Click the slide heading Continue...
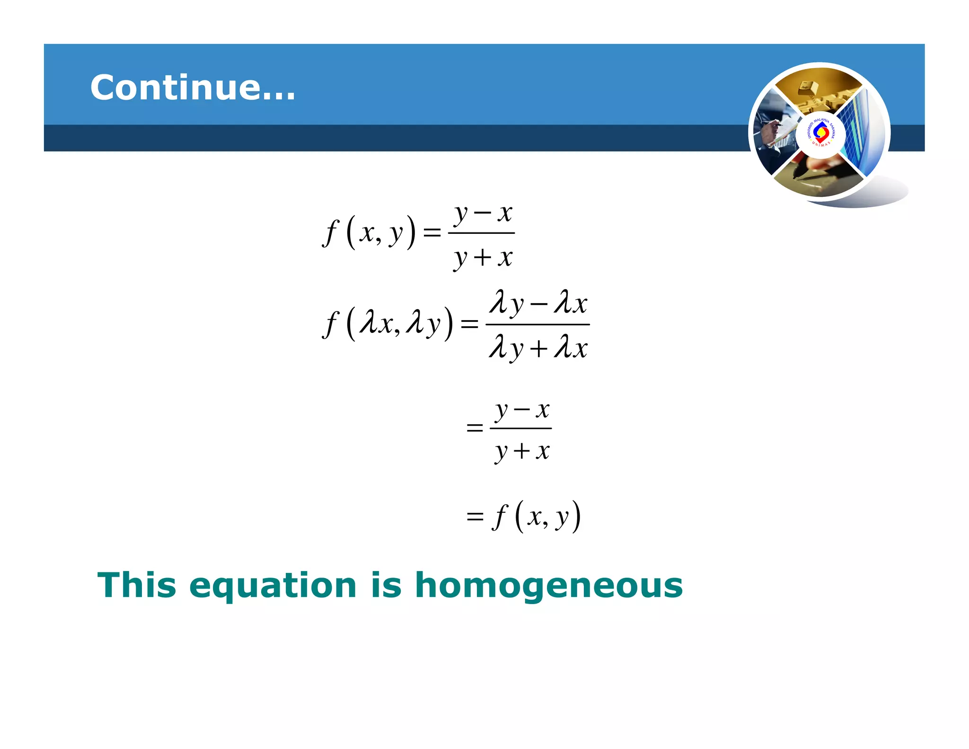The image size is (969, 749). [193, 88]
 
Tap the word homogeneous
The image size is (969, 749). [549, 585]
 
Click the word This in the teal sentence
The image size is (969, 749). [137, 585]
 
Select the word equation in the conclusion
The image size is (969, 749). [273, 586]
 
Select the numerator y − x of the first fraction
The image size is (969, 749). [483, 214]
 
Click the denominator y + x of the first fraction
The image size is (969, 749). [483, 258]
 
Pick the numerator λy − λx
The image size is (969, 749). [538, 303]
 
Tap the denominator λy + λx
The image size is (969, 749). [538, 348]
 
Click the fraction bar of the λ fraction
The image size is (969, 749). [538, 324]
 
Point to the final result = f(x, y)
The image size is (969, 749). [523, 516]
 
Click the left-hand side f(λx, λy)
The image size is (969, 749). [388, 324]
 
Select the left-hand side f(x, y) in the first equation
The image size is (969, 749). [369, 232]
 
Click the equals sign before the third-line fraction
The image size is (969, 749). [475, 428]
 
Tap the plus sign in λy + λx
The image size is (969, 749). [538, 349]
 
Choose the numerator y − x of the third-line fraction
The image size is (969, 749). [521, 410]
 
